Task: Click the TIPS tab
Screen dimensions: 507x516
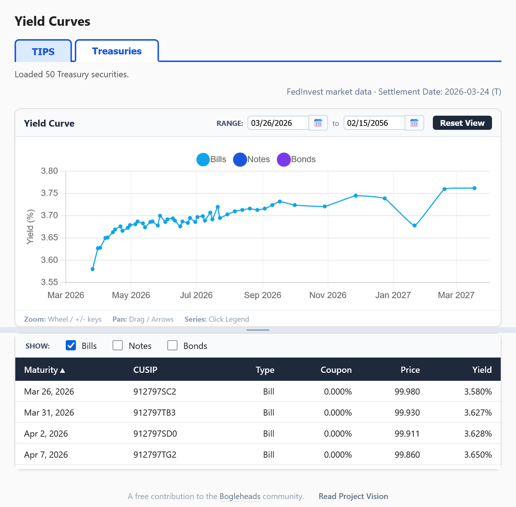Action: pyautogui.click(x=43, y=52)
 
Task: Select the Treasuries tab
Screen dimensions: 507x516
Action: pyautogui.click(x=117, y=51)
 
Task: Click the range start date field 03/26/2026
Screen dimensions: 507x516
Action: pyautogui.click(x=278, y=123)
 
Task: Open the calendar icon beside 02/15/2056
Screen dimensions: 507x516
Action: pyautogui.click(x=414, y=123)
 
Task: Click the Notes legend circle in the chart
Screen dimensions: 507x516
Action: pyautogui.click(x=240, y=160)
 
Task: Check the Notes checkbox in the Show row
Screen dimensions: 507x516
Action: pyautogui.click(x=118, y=345)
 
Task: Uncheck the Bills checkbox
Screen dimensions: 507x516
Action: pyautogui.click(x=71, y=345)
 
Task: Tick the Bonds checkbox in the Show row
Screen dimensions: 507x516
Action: pyautogui.click(x=173, y=345)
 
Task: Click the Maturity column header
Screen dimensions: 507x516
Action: pyautogui.click(x=44, y=370)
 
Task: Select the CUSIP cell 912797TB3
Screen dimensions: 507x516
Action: pyautogui.click(x=154, y=413)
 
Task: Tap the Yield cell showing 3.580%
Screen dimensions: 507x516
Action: pyautogui.click(x=478, y=392)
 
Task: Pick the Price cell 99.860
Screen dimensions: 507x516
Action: pyautogui.click(x=407, y=455)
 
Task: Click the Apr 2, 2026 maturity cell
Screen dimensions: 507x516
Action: pyautogui.click(x=46, y=434)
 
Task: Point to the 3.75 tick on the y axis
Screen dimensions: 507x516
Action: pyautogui.click(x=50, y=193)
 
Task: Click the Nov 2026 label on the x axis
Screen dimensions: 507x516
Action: pyautogui.click(x=328, y=295)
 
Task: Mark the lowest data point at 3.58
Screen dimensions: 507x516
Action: pyautogui.click(x=93, y=269)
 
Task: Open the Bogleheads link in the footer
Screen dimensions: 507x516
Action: pyautogui.click(x=240, y=496)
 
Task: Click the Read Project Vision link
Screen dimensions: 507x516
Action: pyautogui.click(x=353, y=496)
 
